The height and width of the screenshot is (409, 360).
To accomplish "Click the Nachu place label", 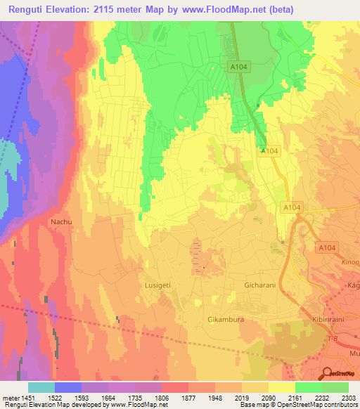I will (60, 221).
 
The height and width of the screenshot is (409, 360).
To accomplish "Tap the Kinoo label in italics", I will (350, 261).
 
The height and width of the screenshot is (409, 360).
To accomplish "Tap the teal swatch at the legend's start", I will (41, 387).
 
